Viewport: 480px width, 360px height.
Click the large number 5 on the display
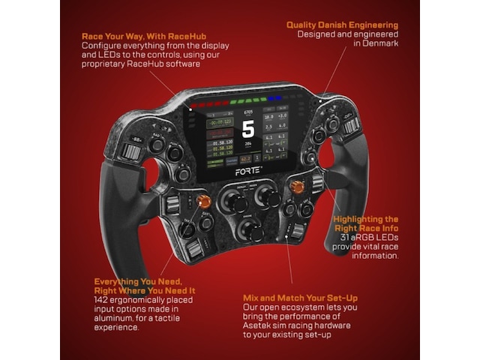pos(248,129)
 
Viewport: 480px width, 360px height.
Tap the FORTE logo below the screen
pos(248,171)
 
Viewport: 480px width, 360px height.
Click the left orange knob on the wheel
pos(203,200)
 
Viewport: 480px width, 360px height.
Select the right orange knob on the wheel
pos(297,187)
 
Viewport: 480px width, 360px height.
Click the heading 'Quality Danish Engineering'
pos(342,25)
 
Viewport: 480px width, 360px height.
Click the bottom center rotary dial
pos(247,228)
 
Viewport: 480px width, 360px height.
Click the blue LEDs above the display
pos(275,97)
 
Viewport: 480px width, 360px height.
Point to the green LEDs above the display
pos(244,100)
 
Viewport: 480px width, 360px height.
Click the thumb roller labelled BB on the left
pos(132,153)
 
